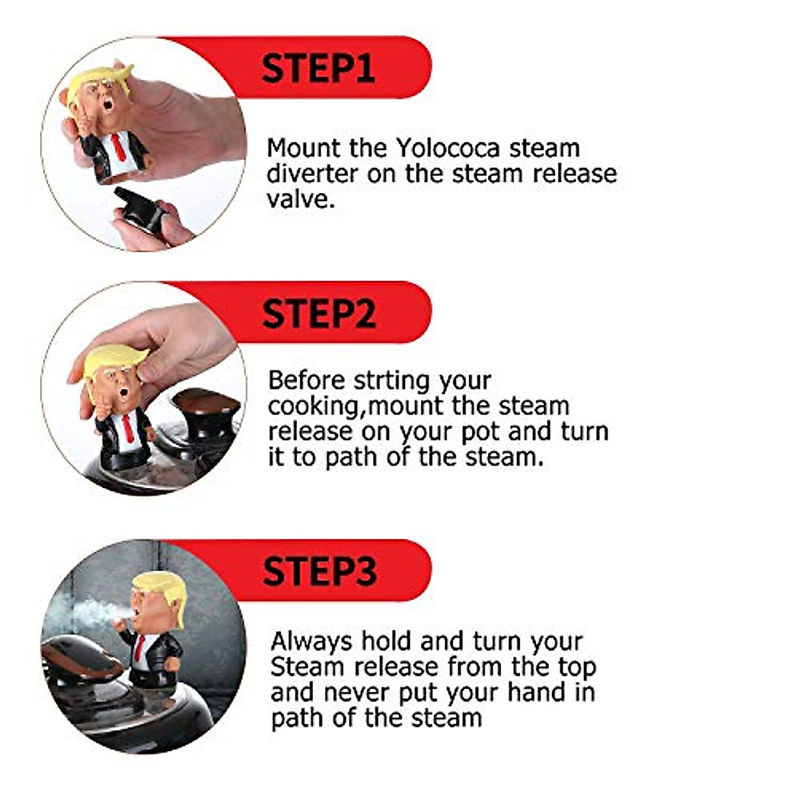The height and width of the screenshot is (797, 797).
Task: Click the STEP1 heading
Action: coord(318,68)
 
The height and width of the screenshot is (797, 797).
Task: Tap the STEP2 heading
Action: coord(319,313)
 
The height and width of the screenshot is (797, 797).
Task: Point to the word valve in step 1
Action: coord(300,199)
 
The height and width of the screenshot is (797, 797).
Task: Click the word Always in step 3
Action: coord(311,642)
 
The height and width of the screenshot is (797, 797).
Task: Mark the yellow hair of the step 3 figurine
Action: coord(159,584)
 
